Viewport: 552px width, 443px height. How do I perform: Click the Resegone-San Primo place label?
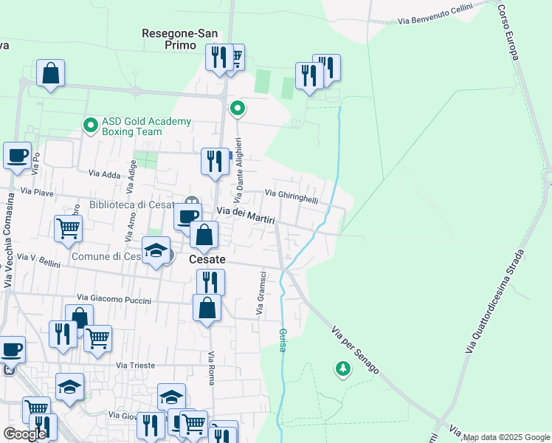click(x=179, y=38)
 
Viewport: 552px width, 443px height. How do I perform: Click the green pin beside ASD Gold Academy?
click(x=91, y=126)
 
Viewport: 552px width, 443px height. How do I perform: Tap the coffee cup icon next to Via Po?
click(x=17, y=156)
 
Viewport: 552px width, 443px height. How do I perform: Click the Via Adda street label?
click(x=104, y=174)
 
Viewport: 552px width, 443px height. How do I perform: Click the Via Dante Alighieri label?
click(x=238, y=171)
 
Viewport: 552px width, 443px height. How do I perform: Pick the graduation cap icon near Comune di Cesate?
click(x=156, y=251)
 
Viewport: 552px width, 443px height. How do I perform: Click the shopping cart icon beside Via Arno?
click(x=68, y=228)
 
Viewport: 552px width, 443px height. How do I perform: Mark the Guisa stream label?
click(x=282, y=339)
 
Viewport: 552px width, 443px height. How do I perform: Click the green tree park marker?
click(x=342, y=368)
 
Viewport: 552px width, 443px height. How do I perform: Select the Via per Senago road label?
click(x=355, y=350)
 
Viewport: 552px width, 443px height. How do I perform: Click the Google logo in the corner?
click(x=24, y=434)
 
